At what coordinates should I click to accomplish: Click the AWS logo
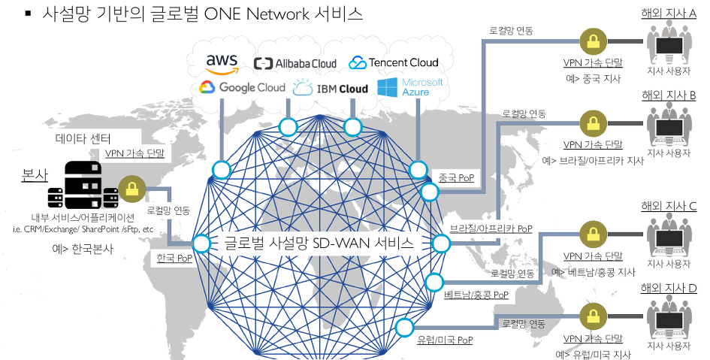tap(222, 64)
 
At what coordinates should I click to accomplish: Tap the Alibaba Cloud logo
tap(295, 64)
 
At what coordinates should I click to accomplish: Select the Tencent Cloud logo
tap(394, 62)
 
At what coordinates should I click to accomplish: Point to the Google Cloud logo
tap(242, 88)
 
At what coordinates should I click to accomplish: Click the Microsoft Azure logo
tap(410, 87)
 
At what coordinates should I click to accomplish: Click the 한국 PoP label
tap(174, 258)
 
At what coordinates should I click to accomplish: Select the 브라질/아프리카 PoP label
tap(491, 228)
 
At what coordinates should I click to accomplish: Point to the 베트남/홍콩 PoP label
tap(476, 294)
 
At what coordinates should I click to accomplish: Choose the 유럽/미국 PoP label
tap(445, 340)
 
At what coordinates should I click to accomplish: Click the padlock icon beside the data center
tap(132, 188)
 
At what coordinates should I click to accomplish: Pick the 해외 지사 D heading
tap(669, 288)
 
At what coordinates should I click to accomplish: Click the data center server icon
tap(83, 184)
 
